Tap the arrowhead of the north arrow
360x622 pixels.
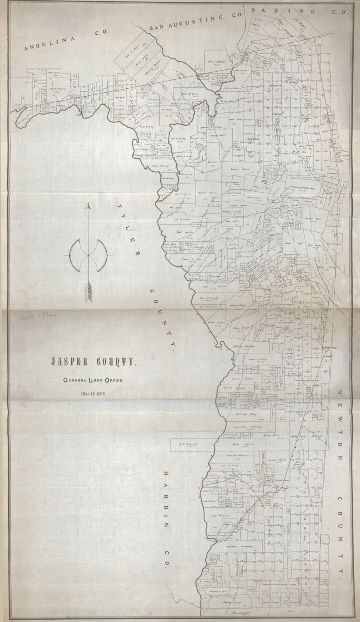pyautogui.click(x=88, y=207)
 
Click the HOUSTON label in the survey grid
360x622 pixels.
pyautogui.click(x=275, y=85)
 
